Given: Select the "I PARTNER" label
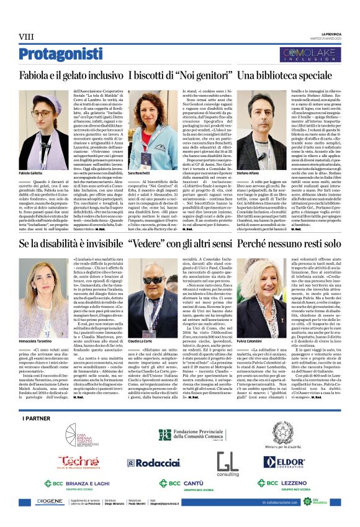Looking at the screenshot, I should [x=35, y=419].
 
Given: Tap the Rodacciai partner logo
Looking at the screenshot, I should [x=138, y=463].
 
